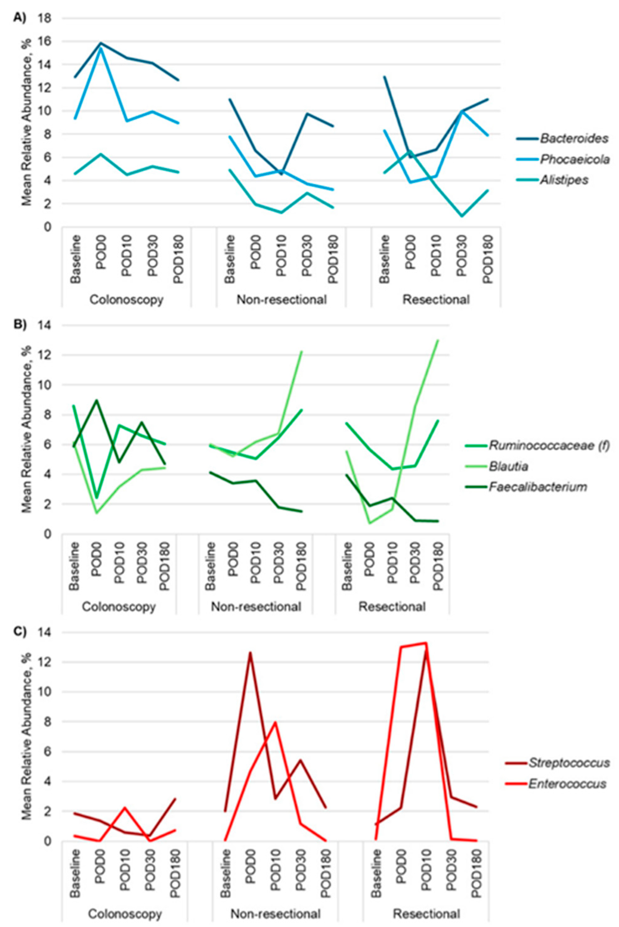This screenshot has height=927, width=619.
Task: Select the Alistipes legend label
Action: click(x=564, y=180)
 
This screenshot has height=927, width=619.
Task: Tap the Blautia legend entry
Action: click(x=508, y=466)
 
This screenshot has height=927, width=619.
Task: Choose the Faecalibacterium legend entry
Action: click(x=538, y=487)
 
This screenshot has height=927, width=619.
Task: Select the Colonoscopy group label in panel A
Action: click(x=126, y=300)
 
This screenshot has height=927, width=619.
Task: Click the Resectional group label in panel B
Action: click(x=392, y=606)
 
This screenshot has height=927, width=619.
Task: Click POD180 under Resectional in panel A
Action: click(x=488, y=259)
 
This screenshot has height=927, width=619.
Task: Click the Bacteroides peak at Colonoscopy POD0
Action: click(x=101, y=43)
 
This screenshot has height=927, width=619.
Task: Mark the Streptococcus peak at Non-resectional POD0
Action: click(x=250, y=653)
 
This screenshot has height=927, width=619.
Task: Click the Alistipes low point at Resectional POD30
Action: click(x=462, y=215)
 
